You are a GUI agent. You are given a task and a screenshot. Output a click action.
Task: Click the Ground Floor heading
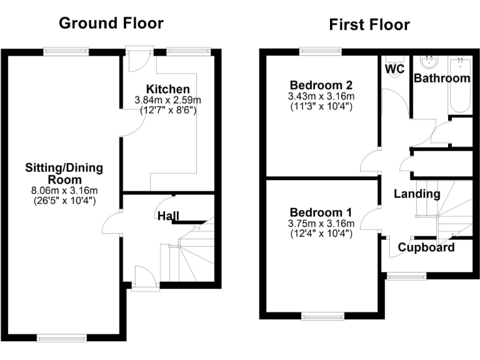[111, 23]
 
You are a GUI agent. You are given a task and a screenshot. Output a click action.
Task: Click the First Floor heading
[369, 24]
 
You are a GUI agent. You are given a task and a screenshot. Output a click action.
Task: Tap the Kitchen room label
[168, 89]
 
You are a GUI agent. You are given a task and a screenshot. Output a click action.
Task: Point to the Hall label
[167, 216]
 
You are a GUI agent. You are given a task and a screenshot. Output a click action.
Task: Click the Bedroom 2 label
[321, 86]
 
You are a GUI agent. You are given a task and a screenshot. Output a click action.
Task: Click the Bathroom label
[442, 78]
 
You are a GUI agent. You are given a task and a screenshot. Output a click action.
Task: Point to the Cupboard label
[426, 247]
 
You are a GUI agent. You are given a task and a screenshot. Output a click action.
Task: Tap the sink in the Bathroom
[429, 63]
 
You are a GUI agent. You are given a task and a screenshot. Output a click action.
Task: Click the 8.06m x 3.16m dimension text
[64, 191]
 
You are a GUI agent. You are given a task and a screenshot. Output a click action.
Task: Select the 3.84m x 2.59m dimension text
[168, 100]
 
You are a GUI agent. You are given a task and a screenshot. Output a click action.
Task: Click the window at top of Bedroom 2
[321, 51]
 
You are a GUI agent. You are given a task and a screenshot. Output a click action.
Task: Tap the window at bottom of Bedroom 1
[322, 316]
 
